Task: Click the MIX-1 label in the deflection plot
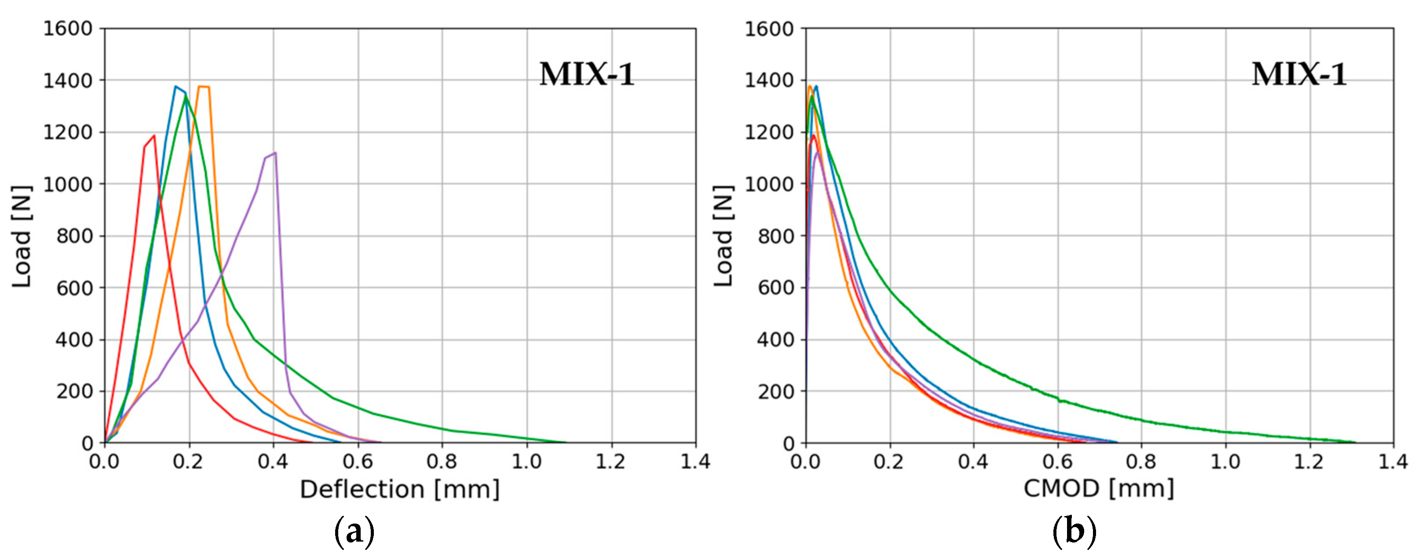coord(587,74)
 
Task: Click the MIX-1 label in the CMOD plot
coord(1299,74)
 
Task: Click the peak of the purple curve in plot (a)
coord(275,153)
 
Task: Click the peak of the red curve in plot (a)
coord(154,136)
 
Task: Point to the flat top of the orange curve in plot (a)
coord(204,86)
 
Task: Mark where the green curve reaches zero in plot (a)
coord(565,442)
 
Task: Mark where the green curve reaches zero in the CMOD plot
coord(1355,442)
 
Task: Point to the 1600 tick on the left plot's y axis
coord(68,29)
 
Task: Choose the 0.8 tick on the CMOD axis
coord(1141,461)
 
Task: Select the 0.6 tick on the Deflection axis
coord(358,461)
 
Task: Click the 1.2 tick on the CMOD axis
coord(1309,461)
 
